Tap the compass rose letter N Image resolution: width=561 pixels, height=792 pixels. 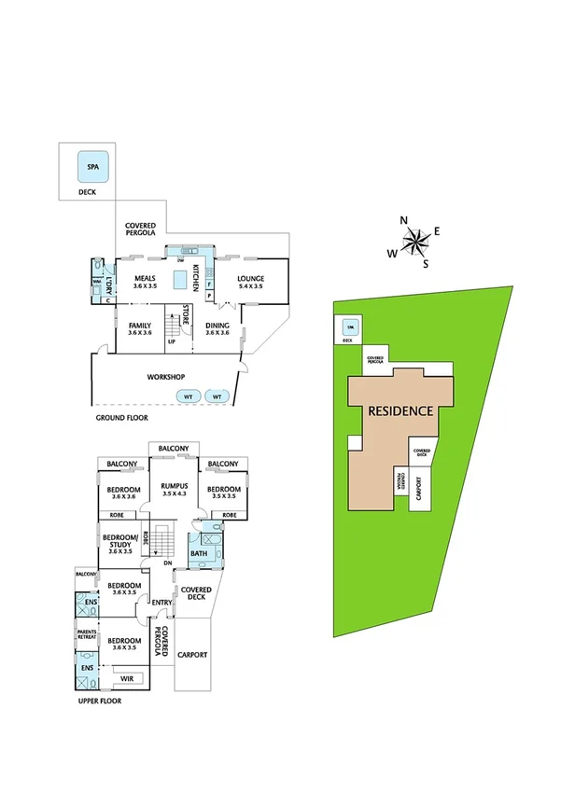tap(404, 220)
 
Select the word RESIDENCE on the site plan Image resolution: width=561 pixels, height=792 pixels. tap(400, 410)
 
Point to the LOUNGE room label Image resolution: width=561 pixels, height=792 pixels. tap(250, 278)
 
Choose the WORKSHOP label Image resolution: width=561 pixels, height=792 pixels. tap(166, 377)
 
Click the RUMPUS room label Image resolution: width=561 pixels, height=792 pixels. tap(175, 486)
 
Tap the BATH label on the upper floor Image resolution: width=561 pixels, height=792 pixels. tap(199, 553)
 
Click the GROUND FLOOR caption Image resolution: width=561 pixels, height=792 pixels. tap(124, 418)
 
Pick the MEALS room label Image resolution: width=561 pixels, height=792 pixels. tap(144, 278)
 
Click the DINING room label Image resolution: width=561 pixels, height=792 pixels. tap(217, 326)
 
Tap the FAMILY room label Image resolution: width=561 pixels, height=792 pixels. tap(139, 326)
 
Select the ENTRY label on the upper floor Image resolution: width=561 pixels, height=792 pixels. tap(161, 602)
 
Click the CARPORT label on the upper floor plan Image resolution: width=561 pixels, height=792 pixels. tap(193, 654)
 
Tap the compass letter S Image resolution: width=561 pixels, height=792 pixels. tap(426, 263)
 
